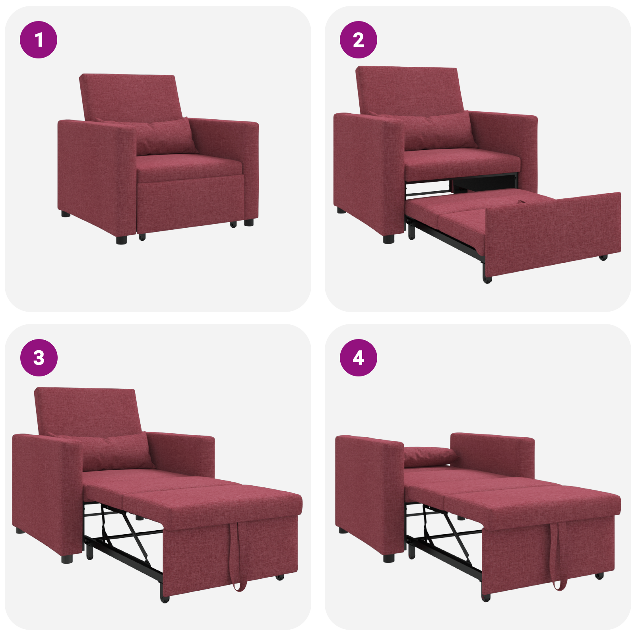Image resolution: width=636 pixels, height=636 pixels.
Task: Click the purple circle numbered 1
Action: pos(39,40)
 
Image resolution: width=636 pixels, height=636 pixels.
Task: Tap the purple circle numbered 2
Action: pos(358,40)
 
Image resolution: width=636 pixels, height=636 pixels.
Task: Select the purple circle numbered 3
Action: pos(39,357)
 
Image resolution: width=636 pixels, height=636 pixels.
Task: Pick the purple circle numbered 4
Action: pos(358,357)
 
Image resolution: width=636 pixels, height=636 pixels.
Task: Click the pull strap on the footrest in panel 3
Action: pos(238,556)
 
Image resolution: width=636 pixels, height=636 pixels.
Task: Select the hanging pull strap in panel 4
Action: pos(558,556)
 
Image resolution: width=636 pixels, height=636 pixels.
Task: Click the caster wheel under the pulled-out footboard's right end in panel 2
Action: pos(603,258)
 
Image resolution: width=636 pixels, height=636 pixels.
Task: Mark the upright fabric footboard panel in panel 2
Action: pos(553,235)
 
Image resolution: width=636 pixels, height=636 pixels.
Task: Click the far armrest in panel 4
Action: pos(493,453)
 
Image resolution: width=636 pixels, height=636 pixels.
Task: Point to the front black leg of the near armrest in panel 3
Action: pos(67,559)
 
